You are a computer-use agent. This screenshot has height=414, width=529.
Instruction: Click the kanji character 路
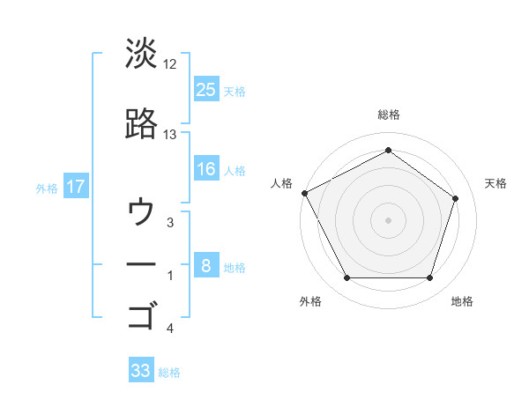141,124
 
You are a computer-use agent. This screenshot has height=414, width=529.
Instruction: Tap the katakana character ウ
141,212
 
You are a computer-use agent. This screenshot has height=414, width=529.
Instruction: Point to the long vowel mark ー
141,263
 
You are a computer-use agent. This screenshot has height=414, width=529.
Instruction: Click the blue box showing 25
206,88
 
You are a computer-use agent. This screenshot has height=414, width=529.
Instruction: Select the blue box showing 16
206,169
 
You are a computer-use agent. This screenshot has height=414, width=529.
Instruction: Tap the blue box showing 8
206,265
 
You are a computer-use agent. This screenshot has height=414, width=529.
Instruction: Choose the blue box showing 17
75,187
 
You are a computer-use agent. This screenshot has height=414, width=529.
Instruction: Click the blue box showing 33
141,371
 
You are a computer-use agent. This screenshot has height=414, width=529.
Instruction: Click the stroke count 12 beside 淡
170,64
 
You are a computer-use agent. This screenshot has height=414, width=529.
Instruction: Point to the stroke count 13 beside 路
170,135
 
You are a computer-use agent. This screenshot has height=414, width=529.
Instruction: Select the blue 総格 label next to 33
169,373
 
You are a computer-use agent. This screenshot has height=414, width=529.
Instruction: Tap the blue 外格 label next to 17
47,188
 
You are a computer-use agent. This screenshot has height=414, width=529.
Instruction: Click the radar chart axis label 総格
389,115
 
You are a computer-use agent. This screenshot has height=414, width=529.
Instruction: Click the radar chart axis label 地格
462,301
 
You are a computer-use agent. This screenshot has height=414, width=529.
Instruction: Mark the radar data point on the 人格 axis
304,193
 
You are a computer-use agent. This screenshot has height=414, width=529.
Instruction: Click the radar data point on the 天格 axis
455,198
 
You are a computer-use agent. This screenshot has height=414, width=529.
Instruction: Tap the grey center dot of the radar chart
389,219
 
